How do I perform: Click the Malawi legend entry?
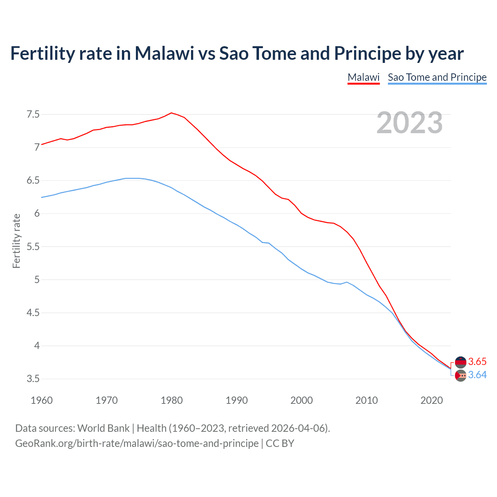[363, 77]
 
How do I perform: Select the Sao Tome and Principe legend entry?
[437, 77]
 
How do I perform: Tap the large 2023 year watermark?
[410, 123]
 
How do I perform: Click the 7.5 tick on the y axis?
[33, 115]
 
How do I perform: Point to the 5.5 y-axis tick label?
[33, 247]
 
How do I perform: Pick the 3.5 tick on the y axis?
[33, 379]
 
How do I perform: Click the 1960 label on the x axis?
[42, 400]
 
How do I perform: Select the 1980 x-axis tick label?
[172, 400]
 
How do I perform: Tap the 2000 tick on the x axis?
[302, 400]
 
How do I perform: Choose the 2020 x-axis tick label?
[431, 400]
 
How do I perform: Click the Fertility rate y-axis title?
[16, 241]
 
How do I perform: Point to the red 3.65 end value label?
[477, 362]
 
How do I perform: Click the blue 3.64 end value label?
[477, 375]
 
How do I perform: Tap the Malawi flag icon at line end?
[461, 362]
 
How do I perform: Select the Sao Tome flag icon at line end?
[461, 375]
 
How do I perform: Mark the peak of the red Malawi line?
[171, 113]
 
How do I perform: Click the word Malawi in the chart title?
[164, 53]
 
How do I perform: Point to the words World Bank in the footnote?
[103, 428]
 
